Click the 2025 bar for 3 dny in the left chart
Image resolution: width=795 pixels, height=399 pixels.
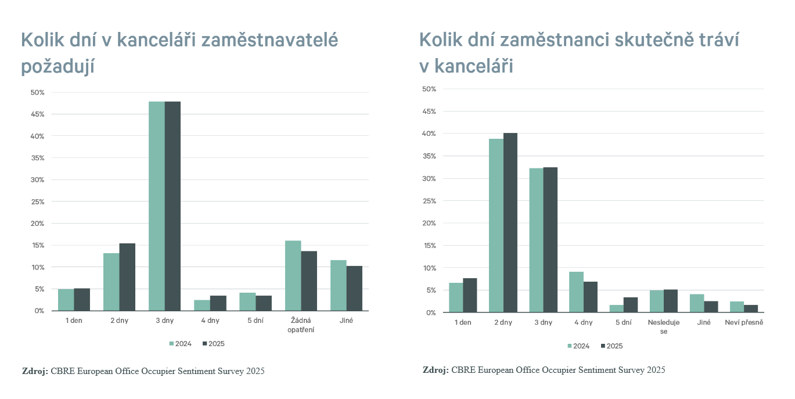click(172, 206)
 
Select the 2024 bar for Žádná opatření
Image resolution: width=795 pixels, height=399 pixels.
click(293, 276)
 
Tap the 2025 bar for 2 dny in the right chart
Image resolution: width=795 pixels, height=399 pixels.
click(510, 223)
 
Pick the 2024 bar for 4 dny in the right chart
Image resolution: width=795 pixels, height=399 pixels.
click(577, 292)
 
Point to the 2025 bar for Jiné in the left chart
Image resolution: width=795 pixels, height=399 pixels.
click(354, 289)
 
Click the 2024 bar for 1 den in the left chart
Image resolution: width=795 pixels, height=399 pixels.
click(66, 300)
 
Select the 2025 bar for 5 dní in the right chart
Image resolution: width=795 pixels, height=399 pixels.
click(630, 305)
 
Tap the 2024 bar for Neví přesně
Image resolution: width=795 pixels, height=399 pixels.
click(736, 307)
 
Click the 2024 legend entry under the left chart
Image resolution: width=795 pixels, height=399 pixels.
click(180, 344)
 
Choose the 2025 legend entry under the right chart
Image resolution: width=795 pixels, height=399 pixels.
click(611, 346)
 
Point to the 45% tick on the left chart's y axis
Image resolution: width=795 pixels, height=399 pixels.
click(38, 114)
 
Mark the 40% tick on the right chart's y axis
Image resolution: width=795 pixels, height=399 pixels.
click(429, 134)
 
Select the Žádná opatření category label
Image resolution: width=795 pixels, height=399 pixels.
click(301, 325)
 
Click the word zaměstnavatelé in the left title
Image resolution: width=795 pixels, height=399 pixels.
click(269, 40)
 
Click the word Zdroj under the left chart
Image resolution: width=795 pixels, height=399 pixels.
click(34, 371)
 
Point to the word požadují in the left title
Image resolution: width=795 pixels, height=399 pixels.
click(57, 67)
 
